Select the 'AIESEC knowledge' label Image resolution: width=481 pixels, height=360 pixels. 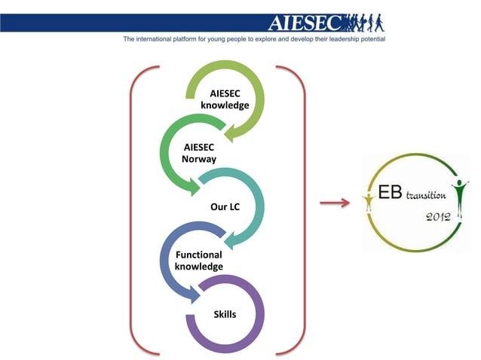tap(225, 99)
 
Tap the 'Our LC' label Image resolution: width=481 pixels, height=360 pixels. tap(225, 206)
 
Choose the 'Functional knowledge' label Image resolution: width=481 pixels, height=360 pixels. tap(198, 261)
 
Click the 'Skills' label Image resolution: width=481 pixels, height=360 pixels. tap(225, 313)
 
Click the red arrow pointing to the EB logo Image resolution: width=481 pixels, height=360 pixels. tap(333, 203)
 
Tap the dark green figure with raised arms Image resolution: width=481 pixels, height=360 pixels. tap(459, 190)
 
